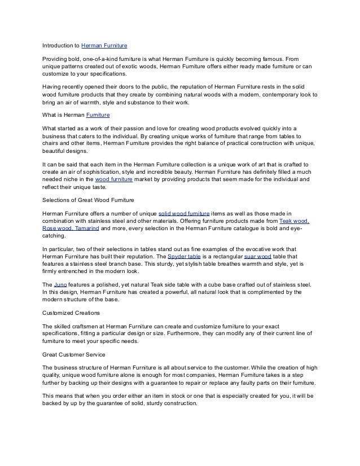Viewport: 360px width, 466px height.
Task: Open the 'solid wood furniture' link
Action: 184,213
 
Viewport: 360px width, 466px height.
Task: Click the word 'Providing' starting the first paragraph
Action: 56,59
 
